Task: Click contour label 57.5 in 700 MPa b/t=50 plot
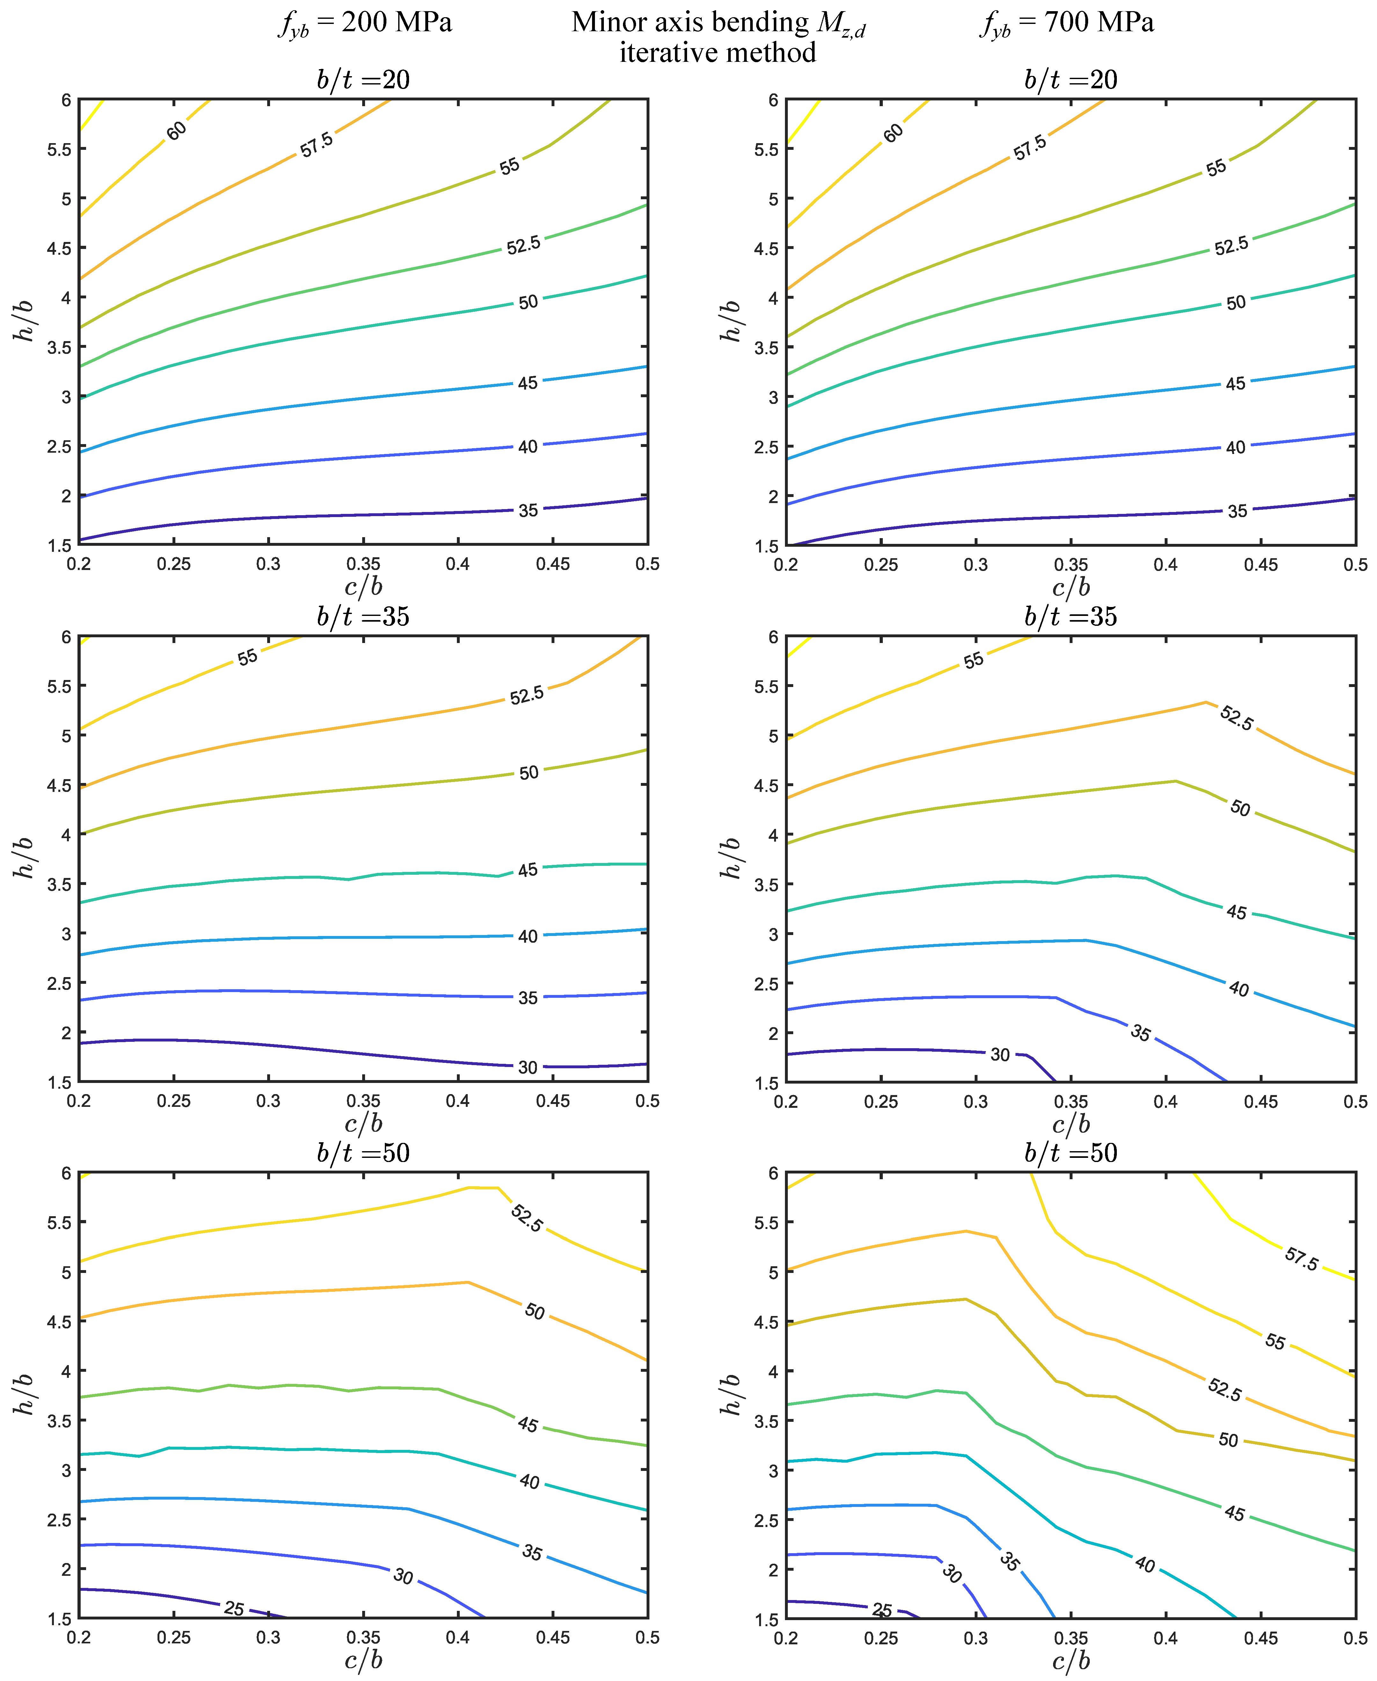point(1301,1258)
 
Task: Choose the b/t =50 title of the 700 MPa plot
point(1071,1153)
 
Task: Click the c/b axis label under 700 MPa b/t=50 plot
point(1071,1660)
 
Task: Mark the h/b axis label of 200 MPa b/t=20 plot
point(24,321)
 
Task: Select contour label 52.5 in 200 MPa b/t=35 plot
point(527,695)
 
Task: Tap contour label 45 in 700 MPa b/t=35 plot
point(1236,913)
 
